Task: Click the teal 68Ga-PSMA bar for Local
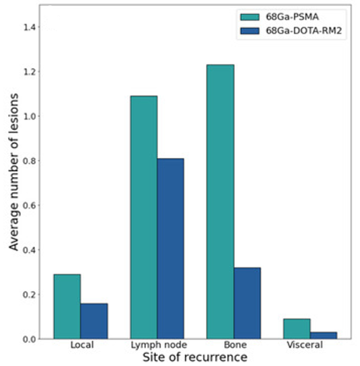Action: click(x=67, y=307)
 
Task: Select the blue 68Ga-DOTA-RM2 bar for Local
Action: click(x=94, y=321)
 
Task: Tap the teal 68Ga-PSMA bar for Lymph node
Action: click(x=144, y=217)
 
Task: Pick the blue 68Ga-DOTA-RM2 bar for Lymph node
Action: click(x=170, y=248)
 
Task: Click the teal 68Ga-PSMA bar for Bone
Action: click(x=221, y=202)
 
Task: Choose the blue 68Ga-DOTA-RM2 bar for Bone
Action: click(x=247, y=303)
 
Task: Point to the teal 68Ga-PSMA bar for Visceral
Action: click(x=297, y=328)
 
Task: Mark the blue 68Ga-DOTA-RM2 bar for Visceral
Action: click(x=324, y=336)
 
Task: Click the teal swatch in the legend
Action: click(x=250, y=17)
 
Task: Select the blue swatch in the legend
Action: click(x=250, y=31)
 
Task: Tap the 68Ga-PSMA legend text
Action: click(x=292, y=17)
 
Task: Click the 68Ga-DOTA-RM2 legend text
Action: click(x=303, y=31)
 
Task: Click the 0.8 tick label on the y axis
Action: click(x=29, y=161)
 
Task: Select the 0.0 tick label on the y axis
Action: click(x=29, y=339)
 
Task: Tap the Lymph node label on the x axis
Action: click(x=159, y=345)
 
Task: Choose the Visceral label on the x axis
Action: click(x=305, y=345)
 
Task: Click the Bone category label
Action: click(x=235, y=345)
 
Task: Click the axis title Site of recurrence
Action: click(x=195, y=357)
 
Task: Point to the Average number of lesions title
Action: click(x=13, y=172)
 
